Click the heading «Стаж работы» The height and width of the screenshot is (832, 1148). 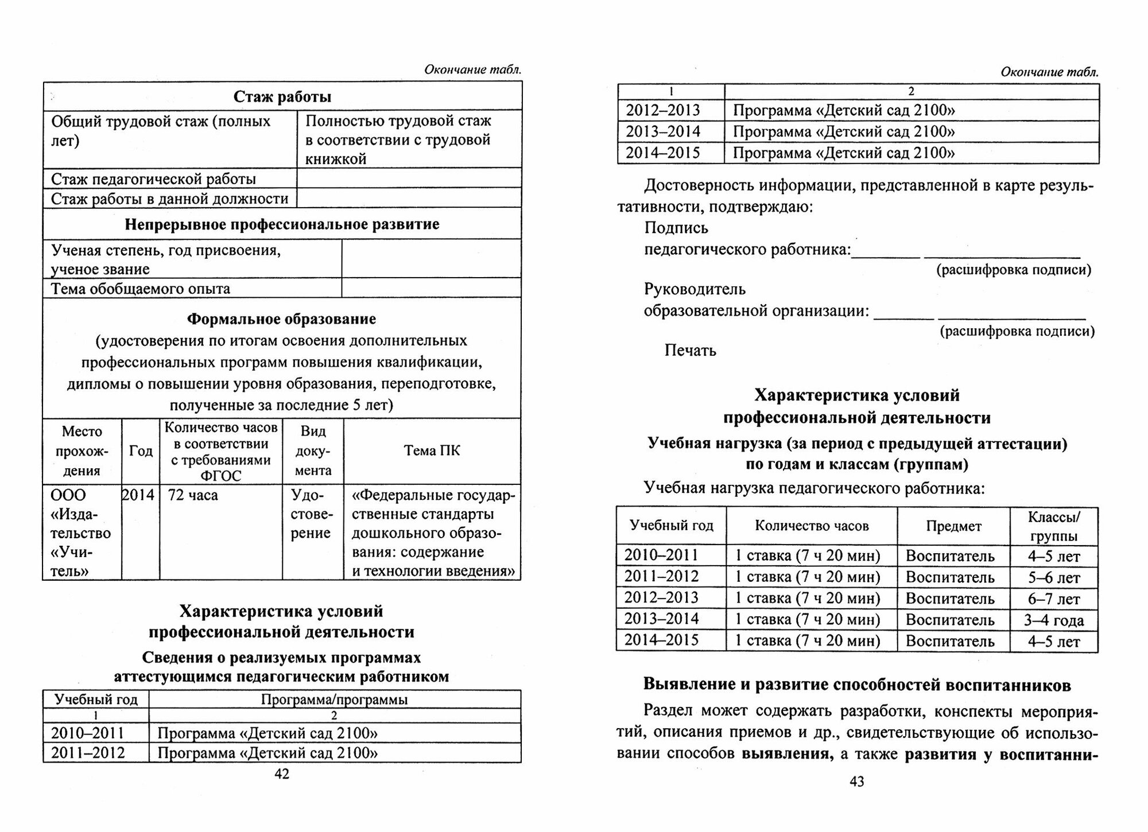click(282, 96)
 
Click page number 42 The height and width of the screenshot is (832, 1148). click(282, 774)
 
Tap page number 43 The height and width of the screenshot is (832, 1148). click(856, 781)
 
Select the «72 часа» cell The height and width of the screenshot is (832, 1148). click(193, 495)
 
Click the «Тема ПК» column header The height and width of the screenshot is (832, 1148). click(432, 451)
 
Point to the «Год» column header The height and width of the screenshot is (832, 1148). click(141, 451)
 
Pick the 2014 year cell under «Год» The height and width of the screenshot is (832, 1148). click(138, 495)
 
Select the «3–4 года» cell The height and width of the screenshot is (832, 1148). click(1053, 620)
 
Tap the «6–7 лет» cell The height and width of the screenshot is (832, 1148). click(1053, 599)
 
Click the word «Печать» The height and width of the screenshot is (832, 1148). click(690, 350)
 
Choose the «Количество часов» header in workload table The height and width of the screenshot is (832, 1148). click(811, 526)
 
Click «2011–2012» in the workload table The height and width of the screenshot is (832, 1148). click(661, 577)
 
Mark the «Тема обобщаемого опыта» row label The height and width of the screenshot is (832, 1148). click(141, 289)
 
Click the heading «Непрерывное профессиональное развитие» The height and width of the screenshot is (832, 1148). click(282, 224)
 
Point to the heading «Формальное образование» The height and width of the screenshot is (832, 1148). click(282, 318)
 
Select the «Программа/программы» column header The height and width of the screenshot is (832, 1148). click(334, 699)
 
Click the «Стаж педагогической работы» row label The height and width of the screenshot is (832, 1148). click(153, 179)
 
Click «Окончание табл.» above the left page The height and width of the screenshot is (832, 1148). click(472, 70)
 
